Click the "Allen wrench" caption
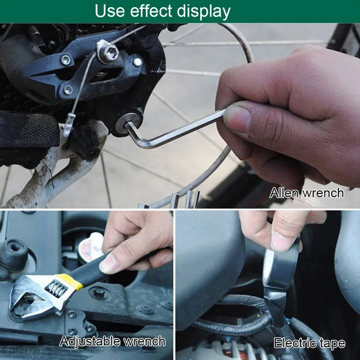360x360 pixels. click(306, 193)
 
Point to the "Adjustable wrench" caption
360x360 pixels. click(112, 341)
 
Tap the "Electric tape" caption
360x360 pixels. click(310, 343)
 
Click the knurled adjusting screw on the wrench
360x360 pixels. click(56, 287)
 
